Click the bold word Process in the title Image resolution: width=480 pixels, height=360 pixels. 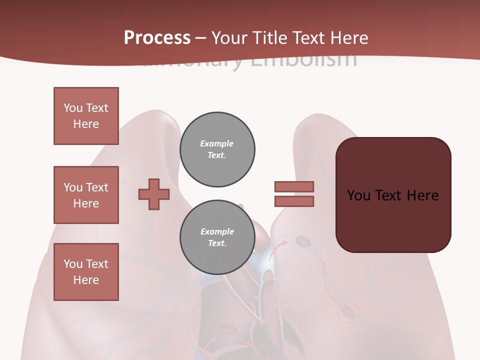[x=157, y=38]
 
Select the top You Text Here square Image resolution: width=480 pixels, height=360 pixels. [x=86, y=116]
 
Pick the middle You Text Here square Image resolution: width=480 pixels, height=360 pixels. [x=86, y=195]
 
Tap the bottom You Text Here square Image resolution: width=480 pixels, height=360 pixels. [x=86, y=272]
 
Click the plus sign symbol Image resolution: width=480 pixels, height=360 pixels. [x=154, y=194]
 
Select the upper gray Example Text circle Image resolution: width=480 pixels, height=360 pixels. [x=217, y=149]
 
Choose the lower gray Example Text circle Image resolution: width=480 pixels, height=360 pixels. [x=217, y=237]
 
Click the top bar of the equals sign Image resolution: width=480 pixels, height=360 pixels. [x=294, y=186]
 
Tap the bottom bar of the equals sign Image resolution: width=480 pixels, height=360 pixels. [x=294, y=201]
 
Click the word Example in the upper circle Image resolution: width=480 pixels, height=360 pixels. [x=216, y=143]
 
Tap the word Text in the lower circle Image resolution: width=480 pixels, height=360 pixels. [x=216, y=243]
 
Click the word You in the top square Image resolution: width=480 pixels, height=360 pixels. [x=72, y=108]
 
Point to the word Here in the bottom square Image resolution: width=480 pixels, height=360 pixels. [x=86, y=280]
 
